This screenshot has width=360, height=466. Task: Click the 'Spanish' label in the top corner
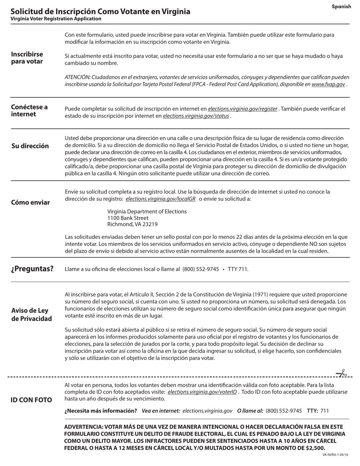tap(341, 6)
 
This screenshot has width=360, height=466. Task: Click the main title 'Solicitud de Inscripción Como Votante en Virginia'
tap(100, 11)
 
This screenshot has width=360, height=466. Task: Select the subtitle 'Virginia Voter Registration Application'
tap(56, 19)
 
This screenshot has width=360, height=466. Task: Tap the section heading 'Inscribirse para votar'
tap(27, 58)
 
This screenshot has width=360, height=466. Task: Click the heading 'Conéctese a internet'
tap(29, 111)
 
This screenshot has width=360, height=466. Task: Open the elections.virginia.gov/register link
tap(243, 109)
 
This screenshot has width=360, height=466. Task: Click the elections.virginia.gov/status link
tap(196, 116)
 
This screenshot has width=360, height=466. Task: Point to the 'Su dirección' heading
tap(30, 146)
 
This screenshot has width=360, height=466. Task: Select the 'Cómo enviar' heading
tap(30, 203)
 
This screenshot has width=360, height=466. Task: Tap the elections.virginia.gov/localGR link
tap(160, 199)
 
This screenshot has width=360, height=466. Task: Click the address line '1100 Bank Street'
tap(128, 218)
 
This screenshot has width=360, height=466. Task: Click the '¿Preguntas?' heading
tap(32, 269)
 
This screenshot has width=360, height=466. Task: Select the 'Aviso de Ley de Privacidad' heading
tap(31, 315)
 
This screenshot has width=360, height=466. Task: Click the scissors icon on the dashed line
tap(342, 374)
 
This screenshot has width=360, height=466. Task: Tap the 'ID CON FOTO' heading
tap(31, 400)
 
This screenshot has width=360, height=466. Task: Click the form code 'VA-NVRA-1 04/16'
tap(335, 455)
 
